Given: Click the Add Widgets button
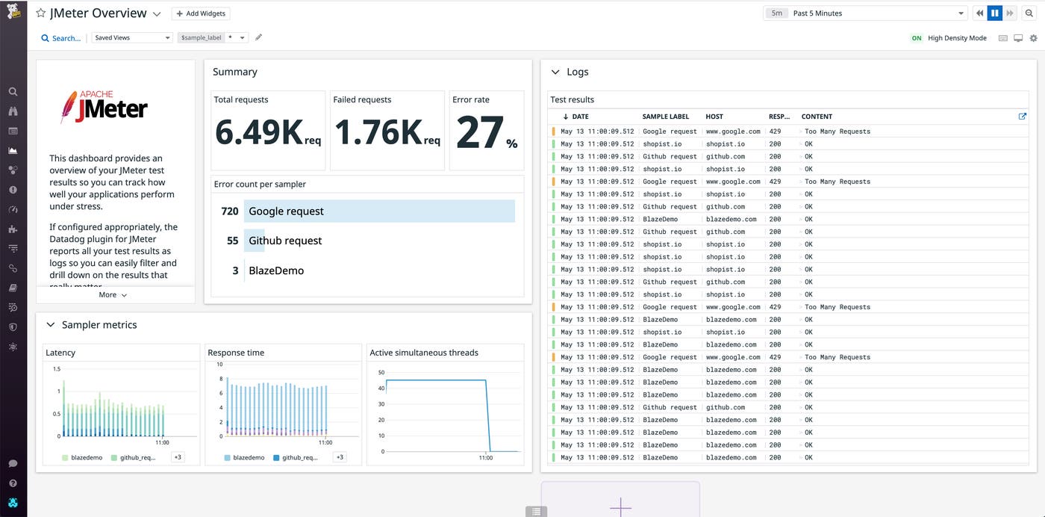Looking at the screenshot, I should click(201, 13).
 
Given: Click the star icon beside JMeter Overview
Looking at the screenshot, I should click(41, 13).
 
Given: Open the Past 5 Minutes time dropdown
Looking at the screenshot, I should click(866, 13).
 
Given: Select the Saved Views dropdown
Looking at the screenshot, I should click(132, 37).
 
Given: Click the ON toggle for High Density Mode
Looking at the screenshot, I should click(917, 38).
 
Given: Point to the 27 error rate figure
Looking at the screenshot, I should click(479, 133).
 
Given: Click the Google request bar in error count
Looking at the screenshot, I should click(379, 211).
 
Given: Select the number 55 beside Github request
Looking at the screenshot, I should click(232, 241).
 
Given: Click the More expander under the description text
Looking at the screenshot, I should click(113, 295).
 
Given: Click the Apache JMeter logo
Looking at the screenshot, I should click(104, 107).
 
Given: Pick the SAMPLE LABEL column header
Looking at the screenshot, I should click(665, 117).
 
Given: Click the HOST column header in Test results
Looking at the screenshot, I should click(714, 117).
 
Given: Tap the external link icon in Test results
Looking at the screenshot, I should click(1023, 117).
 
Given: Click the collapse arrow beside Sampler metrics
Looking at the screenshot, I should click(51, 325).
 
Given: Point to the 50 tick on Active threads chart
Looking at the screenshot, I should click(381, 372).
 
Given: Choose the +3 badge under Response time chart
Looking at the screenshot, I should click(340, 457).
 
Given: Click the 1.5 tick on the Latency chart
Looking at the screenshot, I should click(57, 369).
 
